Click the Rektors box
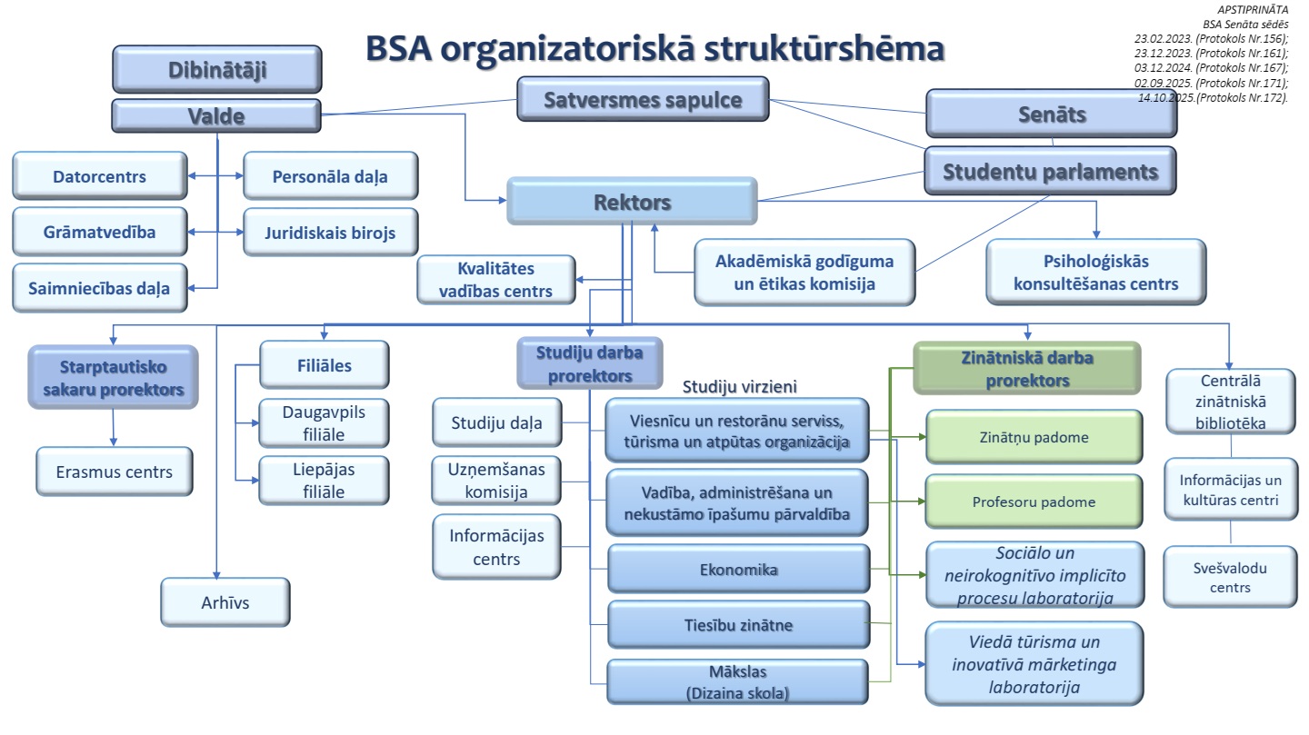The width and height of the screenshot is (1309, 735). (632, 201)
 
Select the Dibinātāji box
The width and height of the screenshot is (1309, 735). (217, 70)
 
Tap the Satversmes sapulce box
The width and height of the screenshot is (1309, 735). (643, 99)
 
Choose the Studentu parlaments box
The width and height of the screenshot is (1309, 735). (1050, 171)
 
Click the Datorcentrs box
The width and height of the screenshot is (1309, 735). (99, 176)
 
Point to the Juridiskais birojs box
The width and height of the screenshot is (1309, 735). (331, 232)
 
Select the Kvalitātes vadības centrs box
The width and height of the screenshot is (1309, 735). (496, 280)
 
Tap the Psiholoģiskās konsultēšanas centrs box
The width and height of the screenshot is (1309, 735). (1095, 273)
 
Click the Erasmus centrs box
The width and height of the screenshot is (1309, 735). (115, 472)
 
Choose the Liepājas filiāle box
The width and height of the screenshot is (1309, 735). (323, 481)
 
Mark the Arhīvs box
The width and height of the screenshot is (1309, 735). (225, 601)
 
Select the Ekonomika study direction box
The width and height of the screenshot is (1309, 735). (738, 570)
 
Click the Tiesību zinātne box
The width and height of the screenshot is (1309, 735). (738, 625)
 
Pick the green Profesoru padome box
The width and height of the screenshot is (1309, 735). (1034, 501)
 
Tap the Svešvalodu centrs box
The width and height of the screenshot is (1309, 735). (1230, 577)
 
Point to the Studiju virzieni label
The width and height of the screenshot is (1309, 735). (739, 386)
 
